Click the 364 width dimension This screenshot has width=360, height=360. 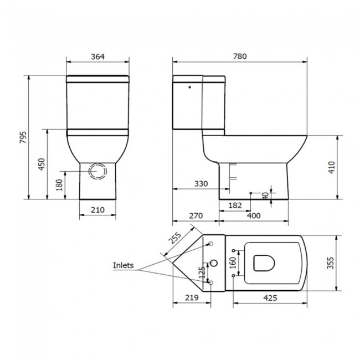[x=97, y=56]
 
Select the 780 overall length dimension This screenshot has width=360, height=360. [x=240, y=56]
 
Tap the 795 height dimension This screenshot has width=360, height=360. [x=23, y=137]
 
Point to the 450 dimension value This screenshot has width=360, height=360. [x=42, y=164]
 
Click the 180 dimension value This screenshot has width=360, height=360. [x=59, y=185]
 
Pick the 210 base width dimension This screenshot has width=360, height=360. [x=97, y=209]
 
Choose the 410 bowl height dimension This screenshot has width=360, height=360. [x=332, y=167]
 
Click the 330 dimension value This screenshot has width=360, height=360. [x=201, y=184]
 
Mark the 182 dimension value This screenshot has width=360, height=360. [x=235, y=205]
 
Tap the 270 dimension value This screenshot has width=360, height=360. [x=196, y=215]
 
